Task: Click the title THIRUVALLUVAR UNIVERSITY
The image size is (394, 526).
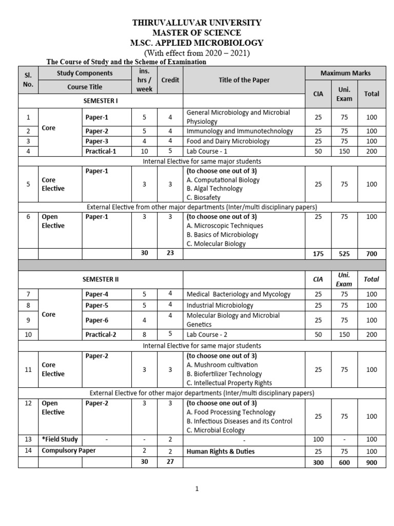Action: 198,23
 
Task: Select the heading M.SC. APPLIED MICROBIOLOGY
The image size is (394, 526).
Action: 198,43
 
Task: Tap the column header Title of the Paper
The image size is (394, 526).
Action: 244,80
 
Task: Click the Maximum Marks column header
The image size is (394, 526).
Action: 345,73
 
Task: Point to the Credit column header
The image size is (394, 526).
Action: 170,80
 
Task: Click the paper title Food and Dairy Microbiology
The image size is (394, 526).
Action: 228,141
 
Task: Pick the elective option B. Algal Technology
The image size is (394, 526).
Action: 214,189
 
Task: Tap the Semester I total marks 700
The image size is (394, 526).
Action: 371,254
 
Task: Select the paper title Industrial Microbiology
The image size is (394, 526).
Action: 220,305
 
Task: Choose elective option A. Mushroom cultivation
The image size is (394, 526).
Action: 222,365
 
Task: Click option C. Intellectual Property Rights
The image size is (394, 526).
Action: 229,383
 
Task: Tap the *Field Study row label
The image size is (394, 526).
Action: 60,439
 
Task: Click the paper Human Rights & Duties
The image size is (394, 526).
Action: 221,452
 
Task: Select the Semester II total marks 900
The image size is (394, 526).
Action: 371,462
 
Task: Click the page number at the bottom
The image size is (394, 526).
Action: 197,490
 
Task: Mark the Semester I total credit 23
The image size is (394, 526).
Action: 170,254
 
